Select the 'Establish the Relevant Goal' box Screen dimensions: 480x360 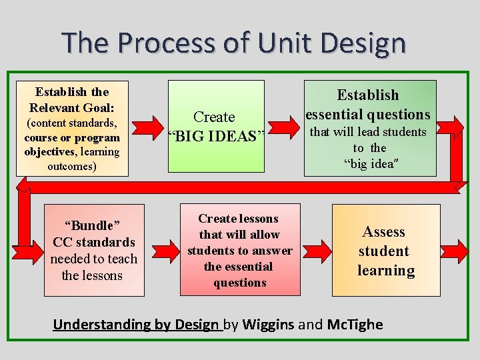coord(72,128)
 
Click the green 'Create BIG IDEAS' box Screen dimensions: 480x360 coord(215,127)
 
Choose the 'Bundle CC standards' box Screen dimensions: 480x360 coord(94,249)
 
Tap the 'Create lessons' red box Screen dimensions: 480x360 coord(239,249)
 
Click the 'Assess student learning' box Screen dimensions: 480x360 coord(385,249)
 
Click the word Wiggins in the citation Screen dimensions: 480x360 coord(269,325)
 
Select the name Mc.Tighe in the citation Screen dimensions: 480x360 coord(355,325)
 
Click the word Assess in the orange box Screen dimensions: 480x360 coord(383,232)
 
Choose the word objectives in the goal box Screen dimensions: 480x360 coord(49,151)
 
